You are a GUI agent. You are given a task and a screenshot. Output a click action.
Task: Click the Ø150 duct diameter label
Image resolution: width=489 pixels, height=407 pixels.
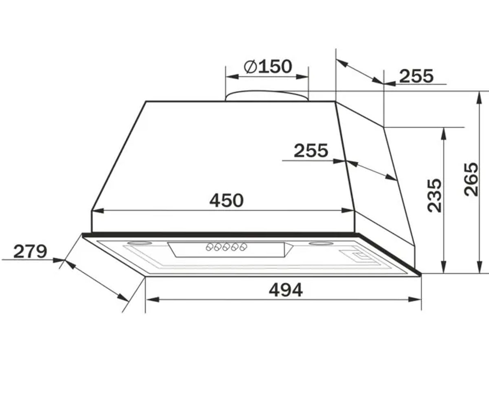pyautogui.click(x=268, y=67)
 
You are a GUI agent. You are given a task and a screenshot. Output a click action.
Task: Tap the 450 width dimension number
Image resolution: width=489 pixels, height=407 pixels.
pyautogui.click(x=227, y=201)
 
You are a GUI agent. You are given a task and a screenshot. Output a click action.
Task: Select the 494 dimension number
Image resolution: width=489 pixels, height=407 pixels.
pyautogui.click(x=286, y=290)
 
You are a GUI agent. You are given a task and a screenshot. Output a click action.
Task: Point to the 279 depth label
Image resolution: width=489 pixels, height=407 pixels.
pyautogui.click(x=30, y=252)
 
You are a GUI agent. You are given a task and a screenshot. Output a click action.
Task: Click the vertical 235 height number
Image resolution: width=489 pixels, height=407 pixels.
pyautogui.click(x=435, y=195)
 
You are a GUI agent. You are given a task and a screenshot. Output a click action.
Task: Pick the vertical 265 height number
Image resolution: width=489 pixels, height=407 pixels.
pyautogui.click(x=471, y=179)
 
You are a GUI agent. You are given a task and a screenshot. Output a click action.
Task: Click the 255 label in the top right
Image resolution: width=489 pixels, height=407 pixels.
pyautogui.click(x=416, y=76)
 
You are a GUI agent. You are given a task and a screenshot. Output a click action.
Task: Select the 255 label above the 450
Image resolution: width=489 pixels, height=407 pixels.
pyautogui.click(x=311, y=151)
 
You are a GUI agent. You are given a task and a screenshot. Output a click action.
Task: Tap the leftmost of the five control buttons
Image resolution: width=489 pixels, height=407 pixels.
pyautogui.click(x=209, y=247)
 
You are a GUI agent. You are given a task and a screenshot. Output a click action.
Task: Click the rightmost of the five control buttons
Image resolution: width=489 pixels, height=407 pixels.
pyautogui.click(x=243, y=247)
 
